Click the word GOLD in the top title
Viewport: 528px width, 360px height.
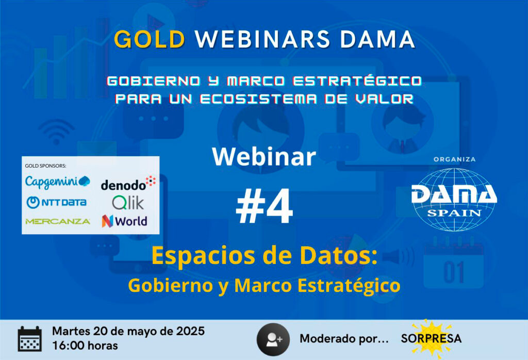tap(150, 39)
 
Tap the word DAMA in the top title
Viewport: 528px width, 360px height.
tap(377, 39)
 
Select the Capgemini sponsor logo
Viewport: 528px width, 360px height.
tap(58, 182)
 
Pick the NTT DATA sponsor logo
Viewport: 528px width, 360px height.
tap(57, 202)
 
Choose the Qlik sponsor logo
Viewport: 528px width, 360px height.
tap(128, 203)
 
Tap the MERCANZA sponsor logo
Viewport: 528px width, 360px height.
tap(58, 221)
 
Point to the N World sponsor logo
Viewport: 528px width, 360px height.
tap(124, 221)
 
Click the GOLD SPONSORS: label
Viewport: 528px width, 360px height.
tap(45, 166)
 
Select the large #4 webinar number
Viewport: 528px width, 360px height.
tap(265, 206)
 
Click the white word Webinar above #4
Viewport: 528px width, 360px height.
tap(264, 157)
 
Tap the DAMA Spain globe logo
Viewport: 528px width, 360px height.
tap(454, 200)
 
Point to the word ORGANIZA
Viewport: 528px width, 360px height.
tap(455, 159)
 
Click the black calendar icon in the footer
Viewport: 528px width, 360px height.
tap(29, 339)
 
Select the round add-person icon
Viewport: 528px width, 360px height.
tap(273, 339)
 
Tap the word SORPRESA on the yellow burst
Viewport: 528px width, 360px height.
tap(431, 338)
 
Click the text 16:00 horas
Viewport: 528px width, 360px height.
tap(85, 346)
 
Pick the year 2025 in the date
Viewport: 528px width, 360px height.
tap(191, 331)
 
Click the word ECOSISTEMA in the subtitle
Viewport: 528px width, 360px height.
tap(258, 99)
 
